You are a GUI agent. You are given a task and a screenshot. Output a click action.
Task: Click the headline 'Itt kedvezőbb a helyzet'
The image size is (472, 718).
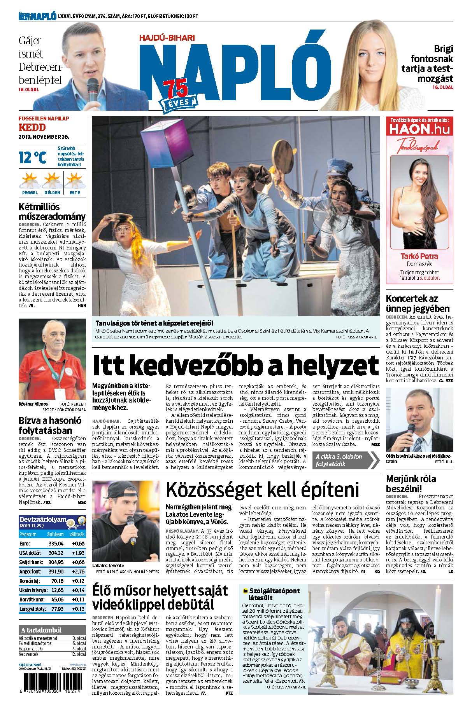tap(235, 364)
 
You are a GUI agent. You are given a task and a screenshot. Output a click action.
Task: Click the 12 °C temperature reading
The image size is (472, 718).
tap(33, 157)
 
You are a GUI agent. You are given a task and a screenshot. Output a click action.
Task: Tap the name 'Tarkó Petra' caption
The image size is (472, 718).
tap(419, 256)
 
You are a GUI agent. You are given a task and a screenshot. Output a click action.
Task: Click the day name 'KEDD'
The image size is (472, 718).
tap(32, 127)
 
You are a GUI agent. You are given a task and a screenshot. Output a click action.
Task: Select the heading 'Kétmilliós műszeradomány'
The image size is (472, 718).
tap(52, 212)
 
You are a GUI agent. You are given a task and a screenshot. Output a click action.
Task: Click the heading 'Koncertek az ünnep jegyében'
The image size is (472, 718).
tap(418, 304)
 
